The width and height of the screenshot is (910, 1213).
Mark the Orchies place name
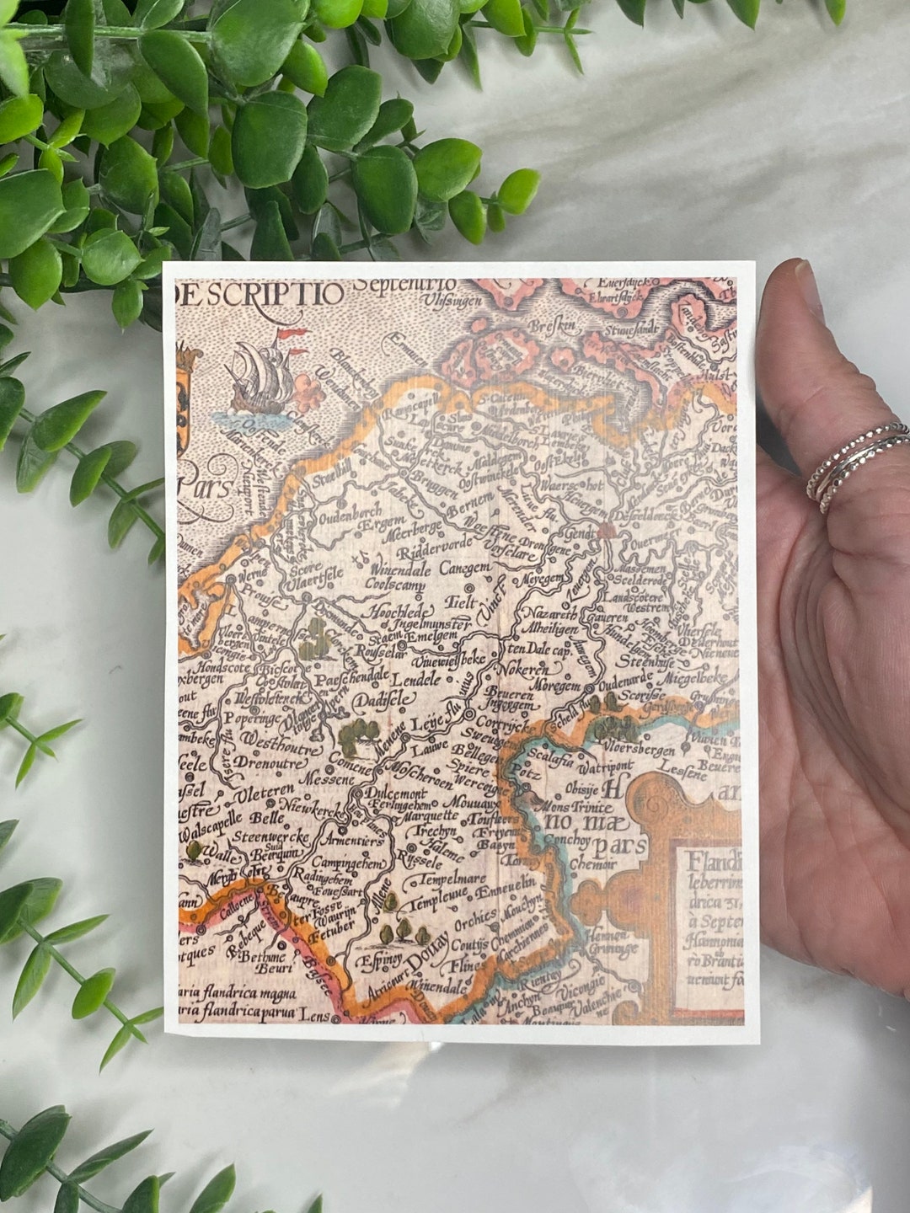point(475,922)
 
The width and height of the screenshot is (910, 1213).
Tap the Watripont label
point(604,767)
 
